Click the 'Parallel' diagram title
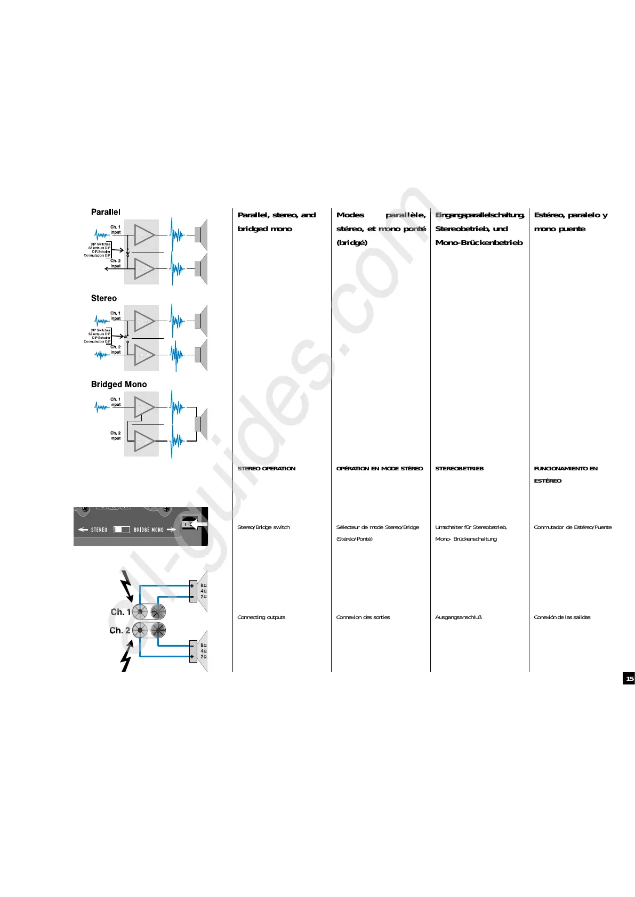click(106, 212)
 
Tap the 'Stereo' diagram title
click(103, 298)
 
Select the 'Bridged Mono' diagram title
click(118, 384)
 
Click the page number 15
click(629, 678)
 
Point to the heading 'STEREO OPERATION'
click(266, 469)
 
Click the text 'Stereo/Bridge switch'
click(263, 527)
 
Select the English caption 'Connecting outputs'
click(261, 617)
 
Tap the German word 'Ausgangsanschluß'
click(458, 617)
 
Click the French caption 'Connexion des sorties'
click(363, 617)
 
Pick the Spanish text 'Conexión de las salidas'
click(562, 617)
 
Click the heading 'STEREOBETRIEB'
click(459, 469)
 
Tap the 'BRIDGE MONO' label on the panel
click(149, 530)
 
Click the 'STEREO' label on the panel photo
click(99, 530)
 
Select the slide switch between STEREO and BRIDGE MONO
click(122, 529)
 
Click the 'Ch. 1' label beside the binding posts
click(120, 612)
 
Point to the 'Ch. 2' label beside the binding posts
click(119, 631)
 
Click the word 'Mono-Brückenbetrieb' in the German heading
click(479, 243)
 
